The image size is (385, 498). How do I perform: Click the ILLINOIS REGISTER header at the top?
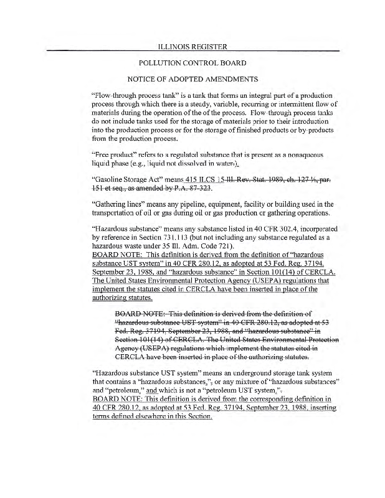pyautogui.click(x=192, y=46)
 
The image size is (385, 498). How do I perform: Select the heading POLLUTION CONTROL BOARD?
pyautogui.click(x=192, y=63)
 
